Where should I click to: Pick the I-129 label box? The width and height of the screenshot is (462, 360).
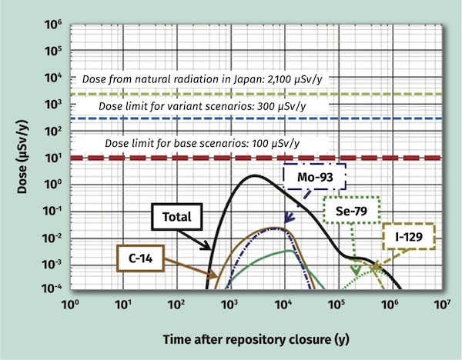pyautogui.click(x=407, y=237)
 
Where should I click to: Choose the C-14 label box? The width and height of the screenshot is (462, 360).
pyautogui.click(x=142, y=258)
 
